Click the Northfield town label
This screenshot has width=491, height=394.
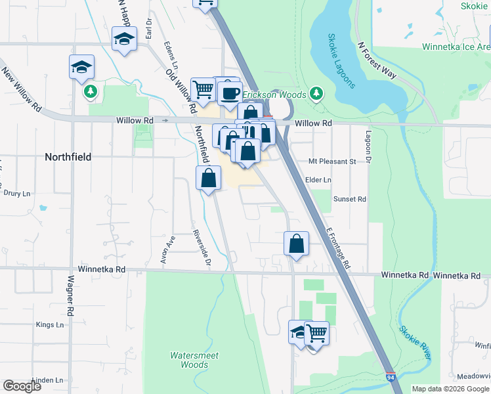click(x=68, y=158)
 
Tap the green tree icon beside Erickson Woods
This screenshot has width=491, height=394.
click(x=316, y=93)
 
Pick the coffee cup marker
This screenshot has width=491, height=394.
click(x=230, y=93)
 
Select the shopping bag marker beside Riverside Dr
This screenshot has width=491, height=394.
click(x=208, y=177)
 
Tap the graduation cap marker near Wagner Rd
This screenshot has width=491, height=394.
click(x=82, y=67)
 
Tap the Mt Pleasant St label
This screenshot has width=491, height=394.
click(x=331, y=161)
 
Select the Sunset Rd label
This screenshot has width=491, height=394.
click(x=349, y=199)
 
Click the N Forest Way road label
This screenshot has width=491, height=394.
click(x=377, y=60)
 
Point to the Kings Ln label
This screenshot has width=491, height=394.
click(x=50, y=324)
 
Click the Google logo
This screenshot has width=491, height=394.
click(x=22, y=385)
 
